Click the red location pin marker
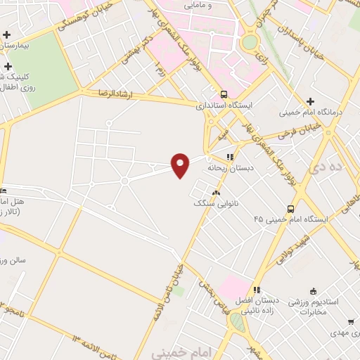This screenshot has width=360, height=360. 181,165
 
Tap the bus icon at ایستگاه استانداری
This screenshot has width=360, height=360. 224,94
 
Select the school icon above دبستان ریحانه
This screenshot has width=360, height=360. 229,157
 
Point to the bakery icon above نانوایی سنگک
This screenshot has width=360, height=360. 216,192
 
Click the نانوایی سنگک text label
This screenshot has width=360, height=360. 216,202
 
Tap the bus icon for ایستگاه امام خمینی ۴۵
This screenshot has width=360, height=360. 290,209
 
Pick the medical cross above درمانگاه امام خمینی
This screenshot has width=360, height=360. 310,102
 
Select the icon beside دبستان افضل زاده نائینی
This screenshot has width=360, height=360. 257,289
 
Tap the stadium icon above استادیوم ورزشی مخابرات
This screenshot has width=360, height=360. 313,291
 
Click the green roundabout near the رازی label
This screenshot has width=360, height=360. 250,41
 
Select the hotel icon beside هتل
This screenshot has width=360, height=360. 3,190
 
